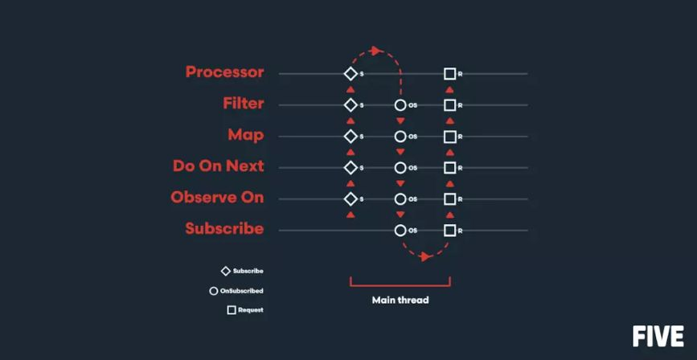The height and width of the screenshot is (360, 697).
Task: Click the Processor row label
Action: pyautogui.click(x=224, y=72)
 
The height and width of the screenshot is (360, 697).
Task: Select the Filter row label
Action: pyautogui.click(x=243, y=104)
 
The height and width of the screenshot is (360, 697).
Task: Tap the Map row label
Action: pyautogui.click(x=245, y=135)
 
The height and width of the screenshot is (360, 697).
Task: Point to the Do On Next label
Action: pyautogui.click(x=218, y=166)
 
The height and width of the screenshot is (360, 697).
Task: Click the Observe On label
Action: pyautogui.click(x=217, y=198)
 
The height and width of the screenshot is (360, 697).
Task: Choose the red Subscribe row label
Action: pyautogui.click(x=224, y=229)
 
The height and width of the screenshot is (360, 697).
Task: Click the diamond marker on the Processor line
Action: pyautogui.click(x=350, y=74)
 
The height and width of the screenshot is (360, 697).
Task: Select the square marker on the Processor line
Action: pyautogui.click(x=449, y=74)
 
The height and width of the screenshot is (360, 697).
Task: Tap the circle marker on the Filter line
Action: pyautogui.click(x=400, y=105)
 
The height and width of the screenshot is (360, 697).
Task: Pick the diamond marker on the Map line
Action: pyautogui.click(x=350, y=137)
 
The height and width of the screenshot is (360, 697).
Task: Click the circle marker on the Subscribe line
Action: pyautogui.click(x=400, y=231)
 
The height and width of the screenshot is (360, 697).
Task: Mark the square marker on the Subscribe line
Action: pyautogui.click(x=449, y=231)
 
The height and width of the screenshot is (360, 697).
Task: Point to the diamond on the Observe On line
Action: pyautogui.click(x=350, y=199)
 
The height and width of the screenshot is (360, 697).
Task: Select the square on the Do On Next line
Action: pyautogui.click(x=449, y=168)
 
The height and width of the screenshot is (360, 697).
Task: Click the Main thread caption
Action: pyautogui.click(x=400, y=301)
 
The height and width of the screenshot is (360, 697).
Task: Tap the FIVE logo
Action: pyautogui.click(x=658, y=336)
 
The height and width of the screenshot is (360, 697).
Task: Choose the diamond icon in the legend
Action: pyautogui.click(x=226, y=272)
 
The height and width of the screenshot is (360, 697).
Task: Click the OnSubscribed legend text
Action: pyautogui.click(x=241, y=291)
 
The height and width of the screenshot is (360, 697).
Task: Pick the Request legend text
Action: pyautogui.click(x=250, y=309)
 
